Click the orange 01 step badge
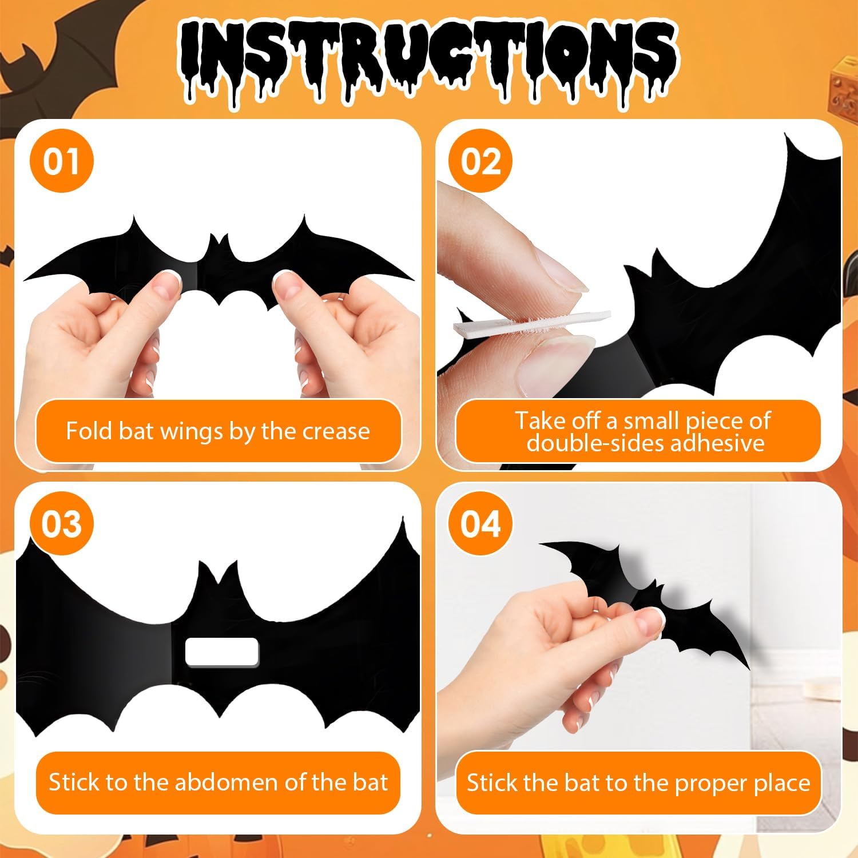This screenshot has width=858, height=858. click(61, 161)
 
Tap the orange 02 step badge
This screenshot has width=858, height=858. click(480, 161)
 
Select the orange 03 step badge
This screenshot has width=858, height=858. click(61, 523)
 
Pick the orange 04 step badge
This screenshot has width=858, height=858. click(480, 523)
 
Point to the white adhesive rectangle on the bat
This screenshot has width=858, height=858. click(222, 652)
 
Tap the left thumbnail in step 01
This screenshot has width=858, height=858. click(168, 280)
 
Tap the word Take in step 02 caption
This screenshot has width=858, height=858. click(541, 421)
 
